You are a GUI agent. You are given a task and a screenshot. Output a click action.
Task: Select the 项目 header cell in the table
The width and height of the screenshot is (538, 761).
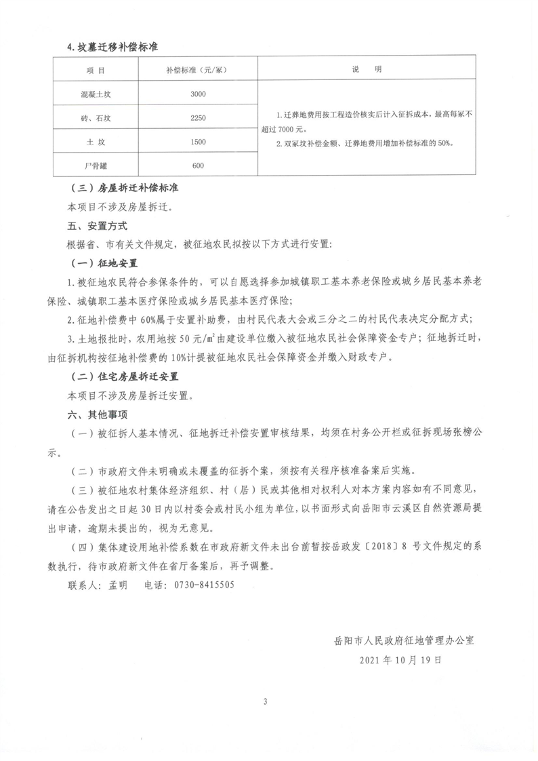(x=96, y=71)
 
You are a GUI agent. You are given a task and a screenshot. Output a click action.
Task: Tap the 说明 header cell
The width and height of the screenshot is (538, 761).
(x=367, y=70)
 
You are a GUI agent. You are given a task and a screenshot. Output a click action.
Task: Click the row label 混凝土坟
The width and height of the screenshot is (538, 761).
(x=96, y=94)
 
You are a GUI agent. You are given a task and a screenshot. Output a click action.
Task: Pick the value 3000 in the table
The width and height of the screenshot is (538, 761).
(x=198, y=94)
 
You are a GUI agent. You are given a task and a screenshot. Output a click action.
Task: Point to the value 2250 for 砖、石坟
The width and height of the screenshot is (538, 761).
(x=198, y=118)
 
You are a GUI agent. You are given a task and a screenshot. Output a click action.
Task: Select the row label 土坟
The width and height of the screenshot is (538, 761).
(x=96, y=142)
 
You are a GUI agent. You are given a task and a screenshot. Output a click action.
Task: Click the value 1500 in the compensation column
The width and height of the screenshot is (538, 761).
(x=198, y=142)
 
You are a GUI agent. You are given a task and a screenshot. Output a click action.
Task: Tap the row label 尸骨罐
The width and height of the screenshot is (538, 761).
(x=96, y=165)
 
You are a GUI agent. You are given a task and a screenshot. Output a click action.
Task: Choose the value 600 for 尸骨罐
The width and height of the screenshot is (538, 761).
(x=198, y=165)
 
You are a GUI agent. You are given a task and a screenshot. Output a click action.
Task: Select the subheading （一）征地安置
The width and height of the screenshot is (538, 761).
(x=104, y=262)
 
